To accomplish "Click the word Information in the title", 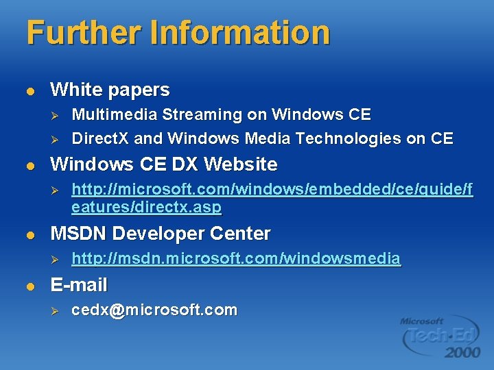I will pyautogui.click(x=256, y=33).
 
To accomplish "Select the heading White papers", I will pyautogui.click(x=110, y=90).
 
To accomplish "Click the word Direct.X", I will pyautogui.click(x=100, y=138).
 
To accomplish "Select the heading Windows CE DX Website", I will pyautogui.click(x=163, y=164).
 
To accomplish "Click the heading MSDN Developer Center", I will pyautogui.click(x=161, y=234).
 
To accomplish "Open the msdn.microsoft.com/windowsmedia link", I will pyautogui.click(x=236, y=259).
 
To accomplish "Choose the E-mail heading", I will pyautogui.click(x=79, y=284).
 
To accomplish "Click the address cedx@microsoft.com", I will pyautogui.click(x=154, y=310).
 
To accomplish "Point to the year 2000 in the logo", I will pyautogui.click(x=462, y=352).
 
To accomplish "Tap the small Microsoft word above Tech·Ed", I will pyautogui.click(x=422, y=320).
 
